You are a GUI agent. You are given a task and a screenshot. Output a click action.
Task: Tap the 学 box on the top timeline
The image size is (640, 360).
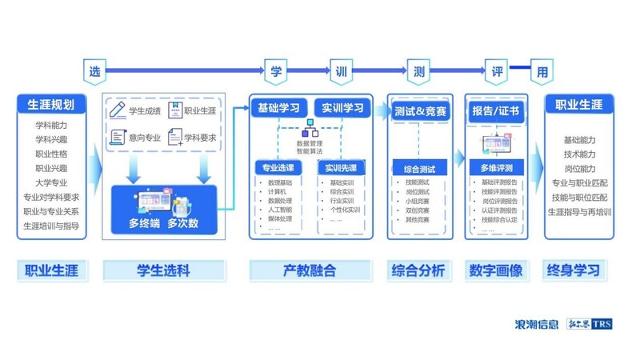[274, 71]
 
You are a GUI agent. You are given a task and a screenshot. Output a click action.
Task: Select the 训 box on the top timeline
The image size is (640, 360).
[341, 71]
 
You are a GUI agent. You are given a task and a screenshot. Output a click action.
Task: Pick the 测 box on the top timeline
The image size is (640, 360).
[418, 71]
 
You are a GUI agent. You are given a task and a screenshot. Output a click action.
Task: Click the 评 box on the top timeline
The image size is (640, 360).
[497, 71]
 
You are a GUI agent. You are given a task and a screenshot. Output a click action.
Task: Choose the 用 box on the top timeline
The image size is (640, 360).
[542, 71]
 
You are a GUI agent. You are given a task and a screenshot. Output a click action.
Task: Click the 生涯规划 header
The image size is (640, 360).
[51, 105]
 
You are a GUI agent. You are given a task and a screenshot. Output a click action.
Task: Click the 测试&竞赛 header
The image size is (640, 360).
[420, 110]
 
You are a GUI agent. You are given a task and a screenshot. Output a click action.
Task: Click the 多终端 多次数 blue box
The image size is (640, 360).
[164, 210]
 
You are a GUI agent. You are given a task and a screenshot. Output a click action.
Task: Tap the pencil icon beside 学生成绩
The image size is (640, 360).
[118, 110]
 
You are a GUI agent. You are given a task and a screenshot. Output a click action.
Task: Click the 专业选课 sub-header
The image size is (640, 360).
[279, 168]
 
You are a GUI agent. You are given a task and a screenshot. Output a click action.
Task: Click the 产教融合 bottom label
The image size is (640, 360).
[309, 270]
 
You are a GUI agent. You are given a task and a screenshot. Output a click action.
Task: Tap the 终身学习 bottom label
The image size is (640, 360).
[574, 270]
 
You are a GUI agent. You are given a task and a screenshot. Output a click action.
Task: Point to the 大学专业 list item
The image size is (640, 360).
[51, 182]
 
